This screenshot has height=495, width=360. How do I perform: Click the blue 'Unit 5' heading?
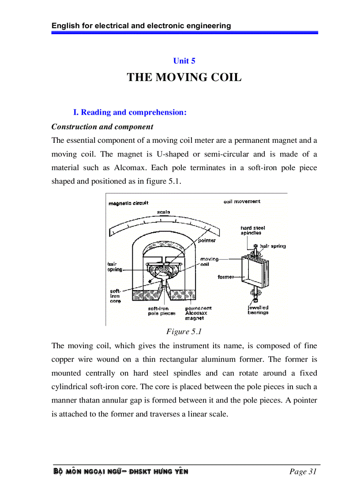point(184,61)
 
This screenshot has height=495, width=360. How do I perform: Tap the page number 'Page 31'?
point(303,472)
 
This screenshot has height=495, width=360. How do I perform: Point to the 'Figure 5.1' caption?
point(184,331)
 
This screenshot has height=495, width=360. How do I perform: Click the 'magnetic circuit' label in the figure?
point(128,203)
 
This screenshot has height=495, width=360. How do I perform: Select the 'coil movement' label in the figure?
point(242,201)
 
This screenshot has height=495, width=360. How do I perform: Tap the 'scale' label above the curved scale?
point(163,212)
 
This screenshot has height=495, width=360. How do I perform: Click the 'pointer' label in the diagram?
point(206,241)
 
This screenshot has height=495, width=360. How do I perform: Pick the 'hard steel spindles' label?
point(252,231)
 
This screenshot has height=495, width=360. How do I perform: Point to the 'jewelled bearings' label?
point(258,310)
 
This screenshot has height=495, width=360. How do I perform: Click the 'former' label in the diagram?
point(225,277)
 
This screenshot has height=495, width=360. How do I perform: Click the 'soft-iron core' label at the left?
point(115,296)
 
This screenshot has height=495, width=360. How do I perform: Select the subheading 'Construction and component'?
point(102,127)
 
